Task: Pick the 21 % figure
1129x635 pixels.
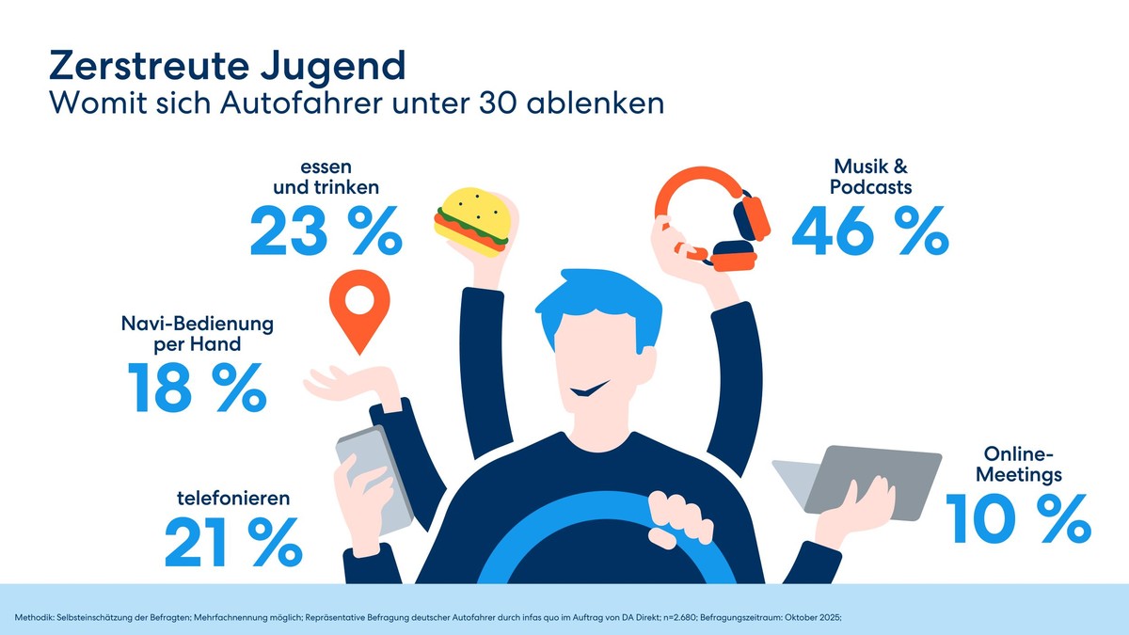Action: click(x=232, y=543)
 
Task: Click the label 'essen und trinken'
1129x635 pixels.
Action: click(x=325, y=179)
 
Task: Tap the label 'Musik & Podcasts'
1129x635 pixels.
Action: click(x=870, y=178)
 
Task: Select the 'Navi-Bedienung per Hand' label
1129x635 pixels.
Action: click(x=198, y=334)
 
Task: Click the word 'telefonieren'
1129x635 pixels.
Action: click(x=233, y=497)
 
